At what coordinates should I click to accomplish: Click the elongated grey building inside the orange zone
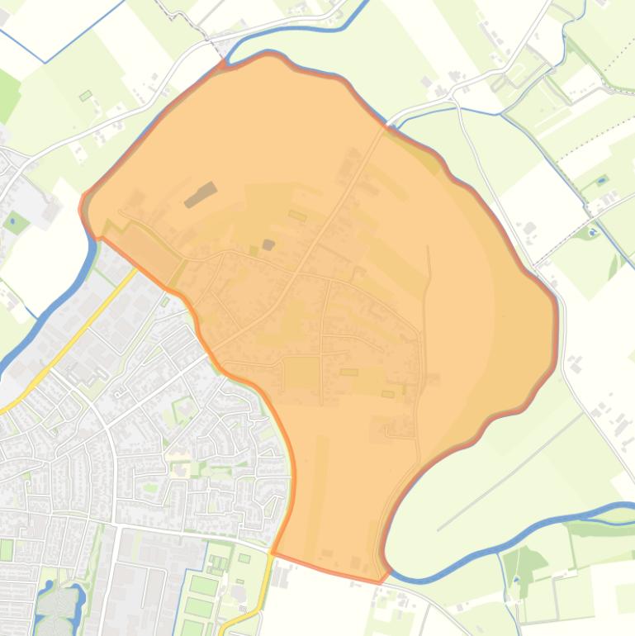pyautogui.click(x=201, y=195)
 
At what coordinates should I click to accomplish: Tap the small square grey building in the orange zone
pyautogui.click(x=268, y=244)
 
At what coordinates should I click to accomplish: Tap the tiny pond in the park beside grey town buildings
pyautogui.click(x=16, y=221)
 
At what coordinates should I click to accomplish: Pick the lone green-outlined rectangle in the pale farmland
pyautogui.click(x=85, y=96)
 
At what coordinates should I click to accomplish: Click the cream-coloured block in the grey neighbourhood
pyautogui.click(x=178, y=453)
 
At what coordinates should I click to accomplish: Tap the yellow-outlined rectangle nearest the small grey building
pyautogui.click(x=297, y=216)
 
